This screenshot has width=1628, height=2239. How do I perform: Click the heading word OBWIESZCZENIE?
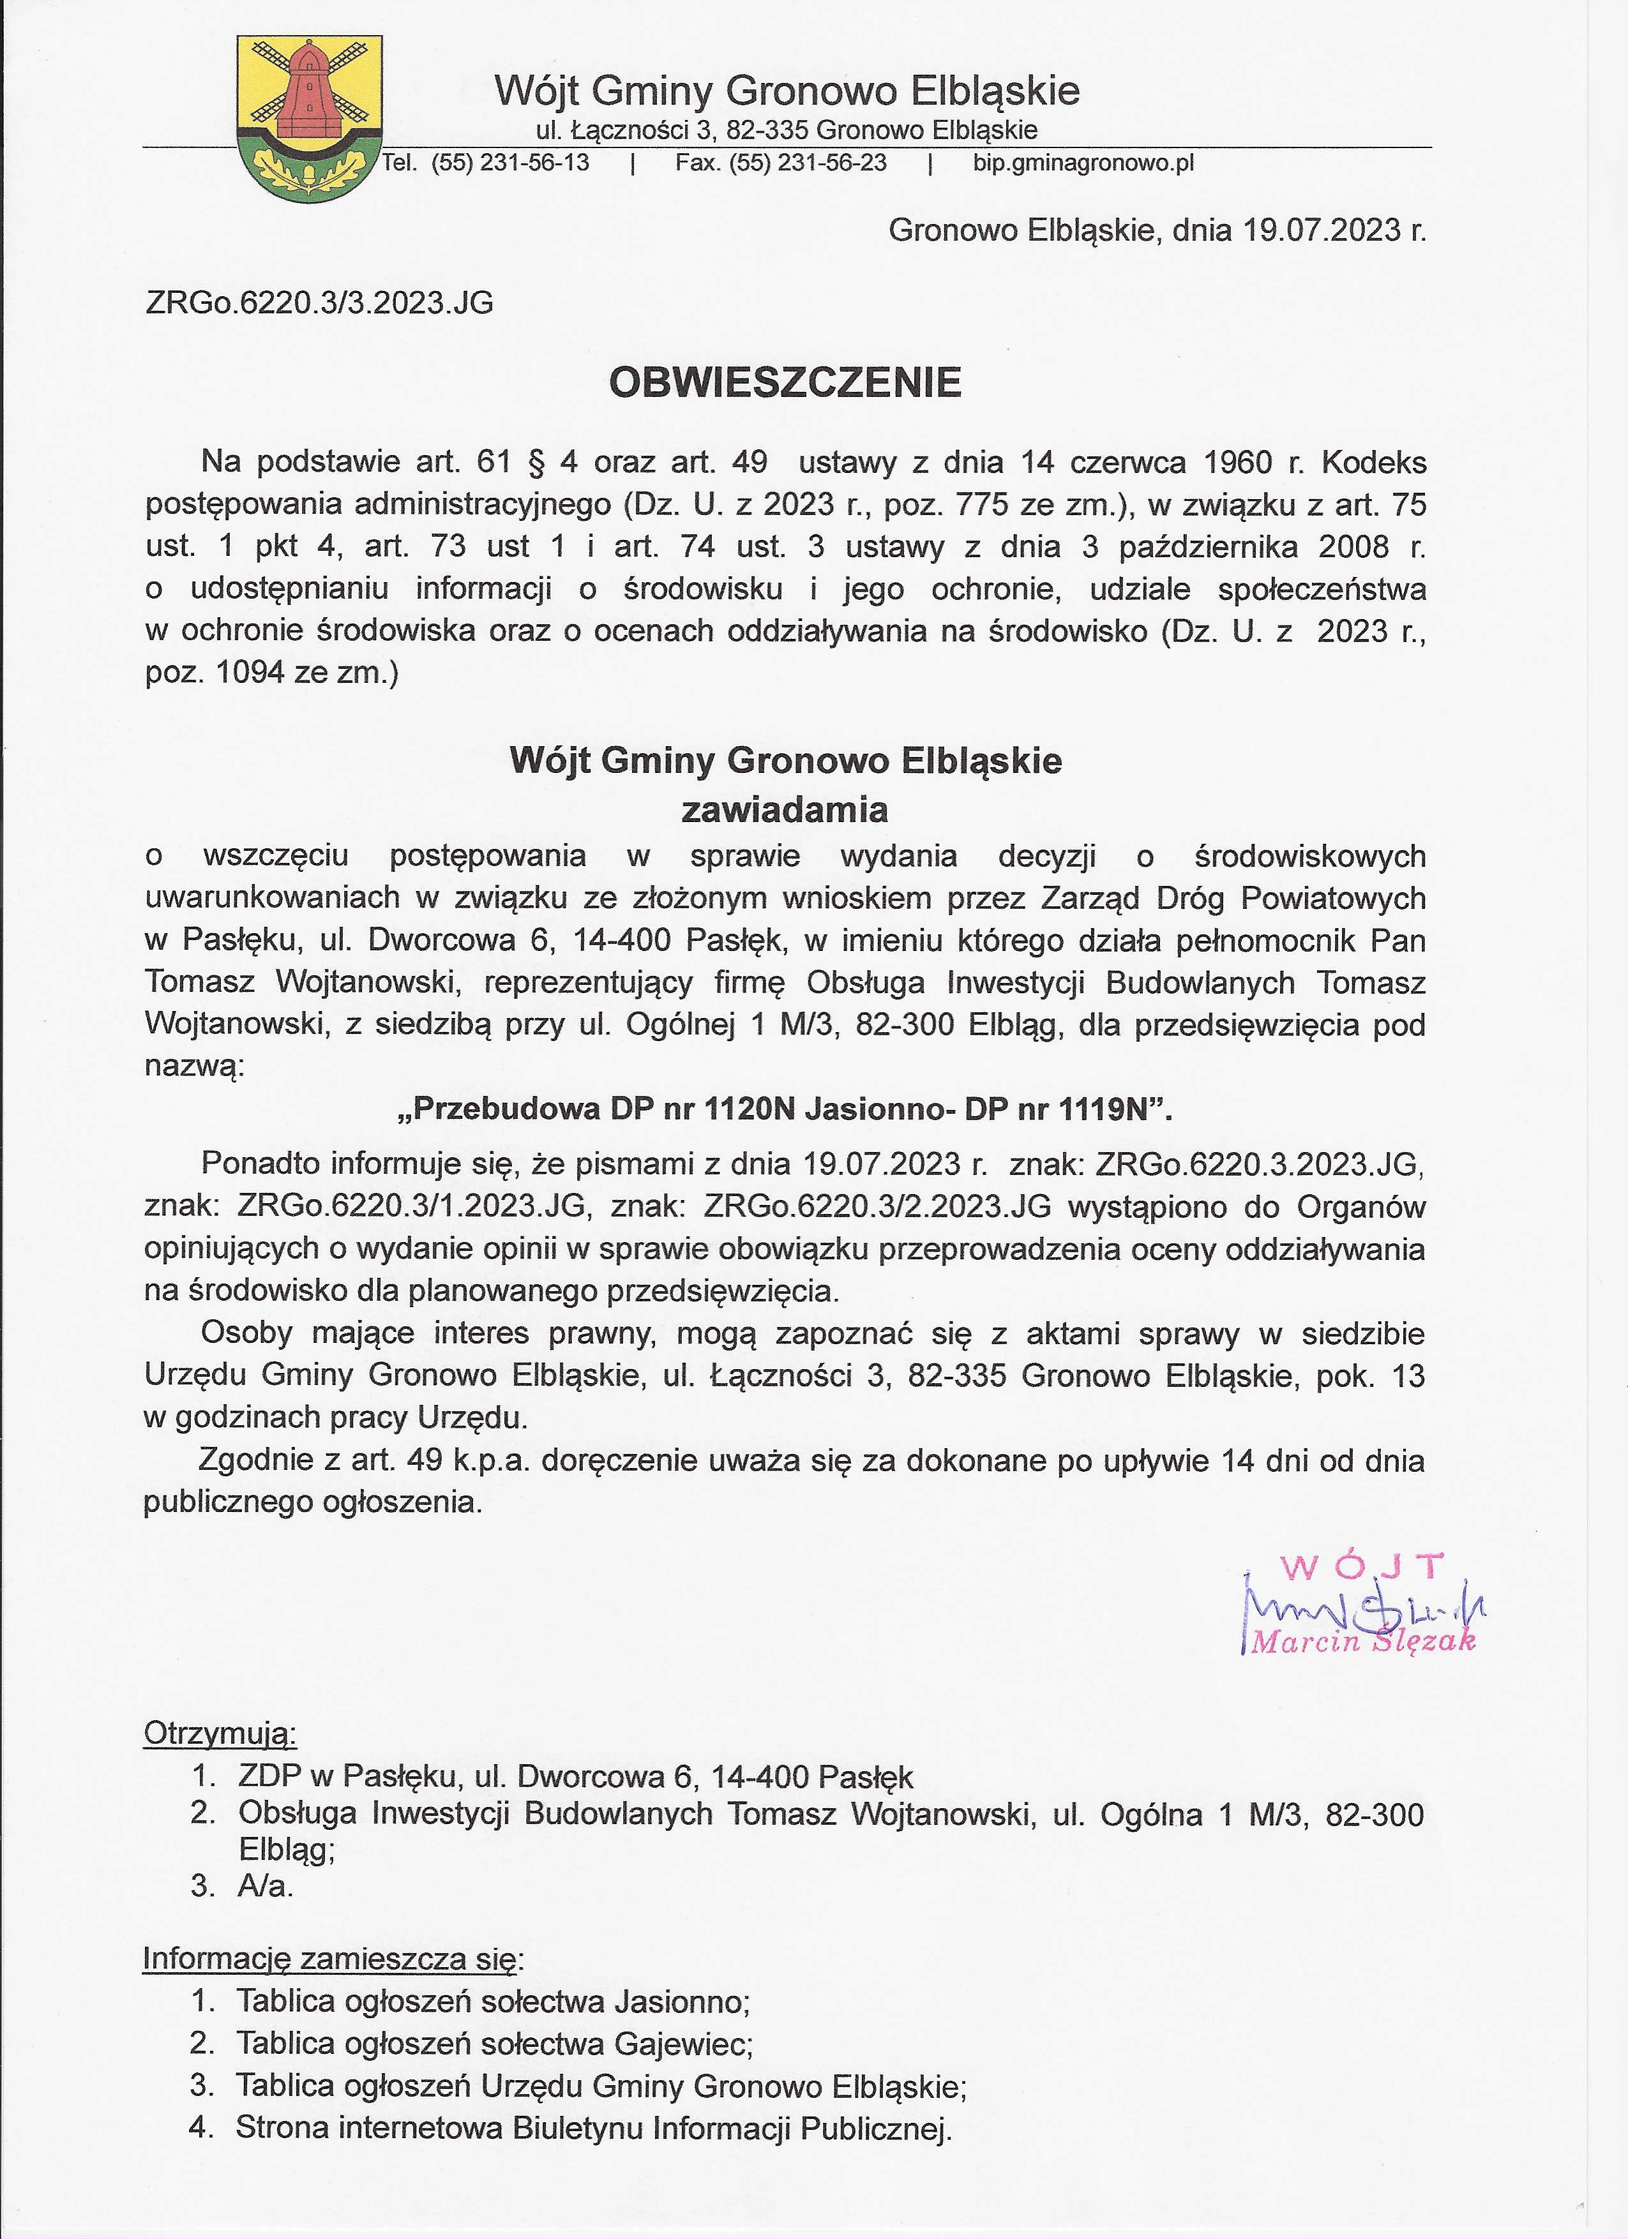[785, 383]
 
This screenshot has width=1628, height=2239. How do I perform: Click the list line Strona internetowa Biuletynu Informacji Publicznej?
[593, 2127]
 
